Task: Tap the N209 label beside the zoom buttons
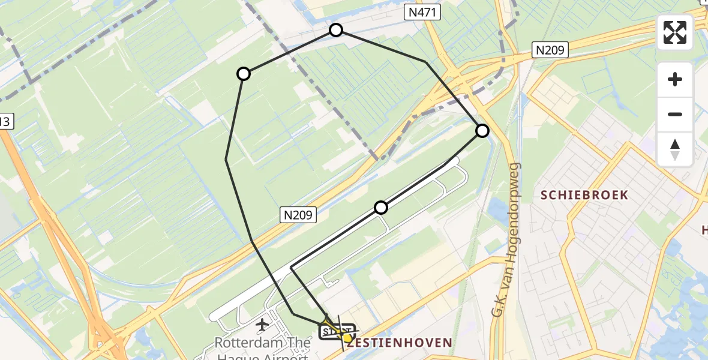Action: pyautogui.click(x=550, y=50)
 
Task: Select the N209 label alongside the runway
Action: pyautogui.click(x=298, y=214)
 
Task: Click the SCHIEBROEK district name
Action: pyautogui.click(x=584, y=195)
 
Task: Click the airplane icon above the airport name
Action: pyautogui.click(x=262, y=325)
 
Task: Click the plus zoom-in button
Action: pyautogui.click(x=675, y=79)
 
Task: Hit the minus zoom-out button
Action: pyautogui.click(x=675, y=114)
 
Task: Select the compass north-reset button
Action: pyautogui.click(x=675, y=149)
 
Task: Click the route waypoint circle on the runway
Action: pyautogui.click(x=381, y=208)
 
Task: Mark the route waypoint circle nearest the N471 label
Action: pyautogui.click(x=336, y=30)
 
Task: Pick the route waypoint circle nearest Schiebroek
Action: pyautogui.click(x=482, y=131)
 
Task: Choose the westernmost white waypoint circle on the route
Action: pyautogui.click(x=243, y=74)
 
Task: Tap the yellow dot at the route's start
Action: pyautogui.click(x=347, y=338)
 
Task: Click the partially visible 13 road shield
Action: pyautogui.click(x=5, y=122)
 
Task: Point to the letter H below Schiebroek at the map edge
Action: pyautogui.click(x=704, y=230)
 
